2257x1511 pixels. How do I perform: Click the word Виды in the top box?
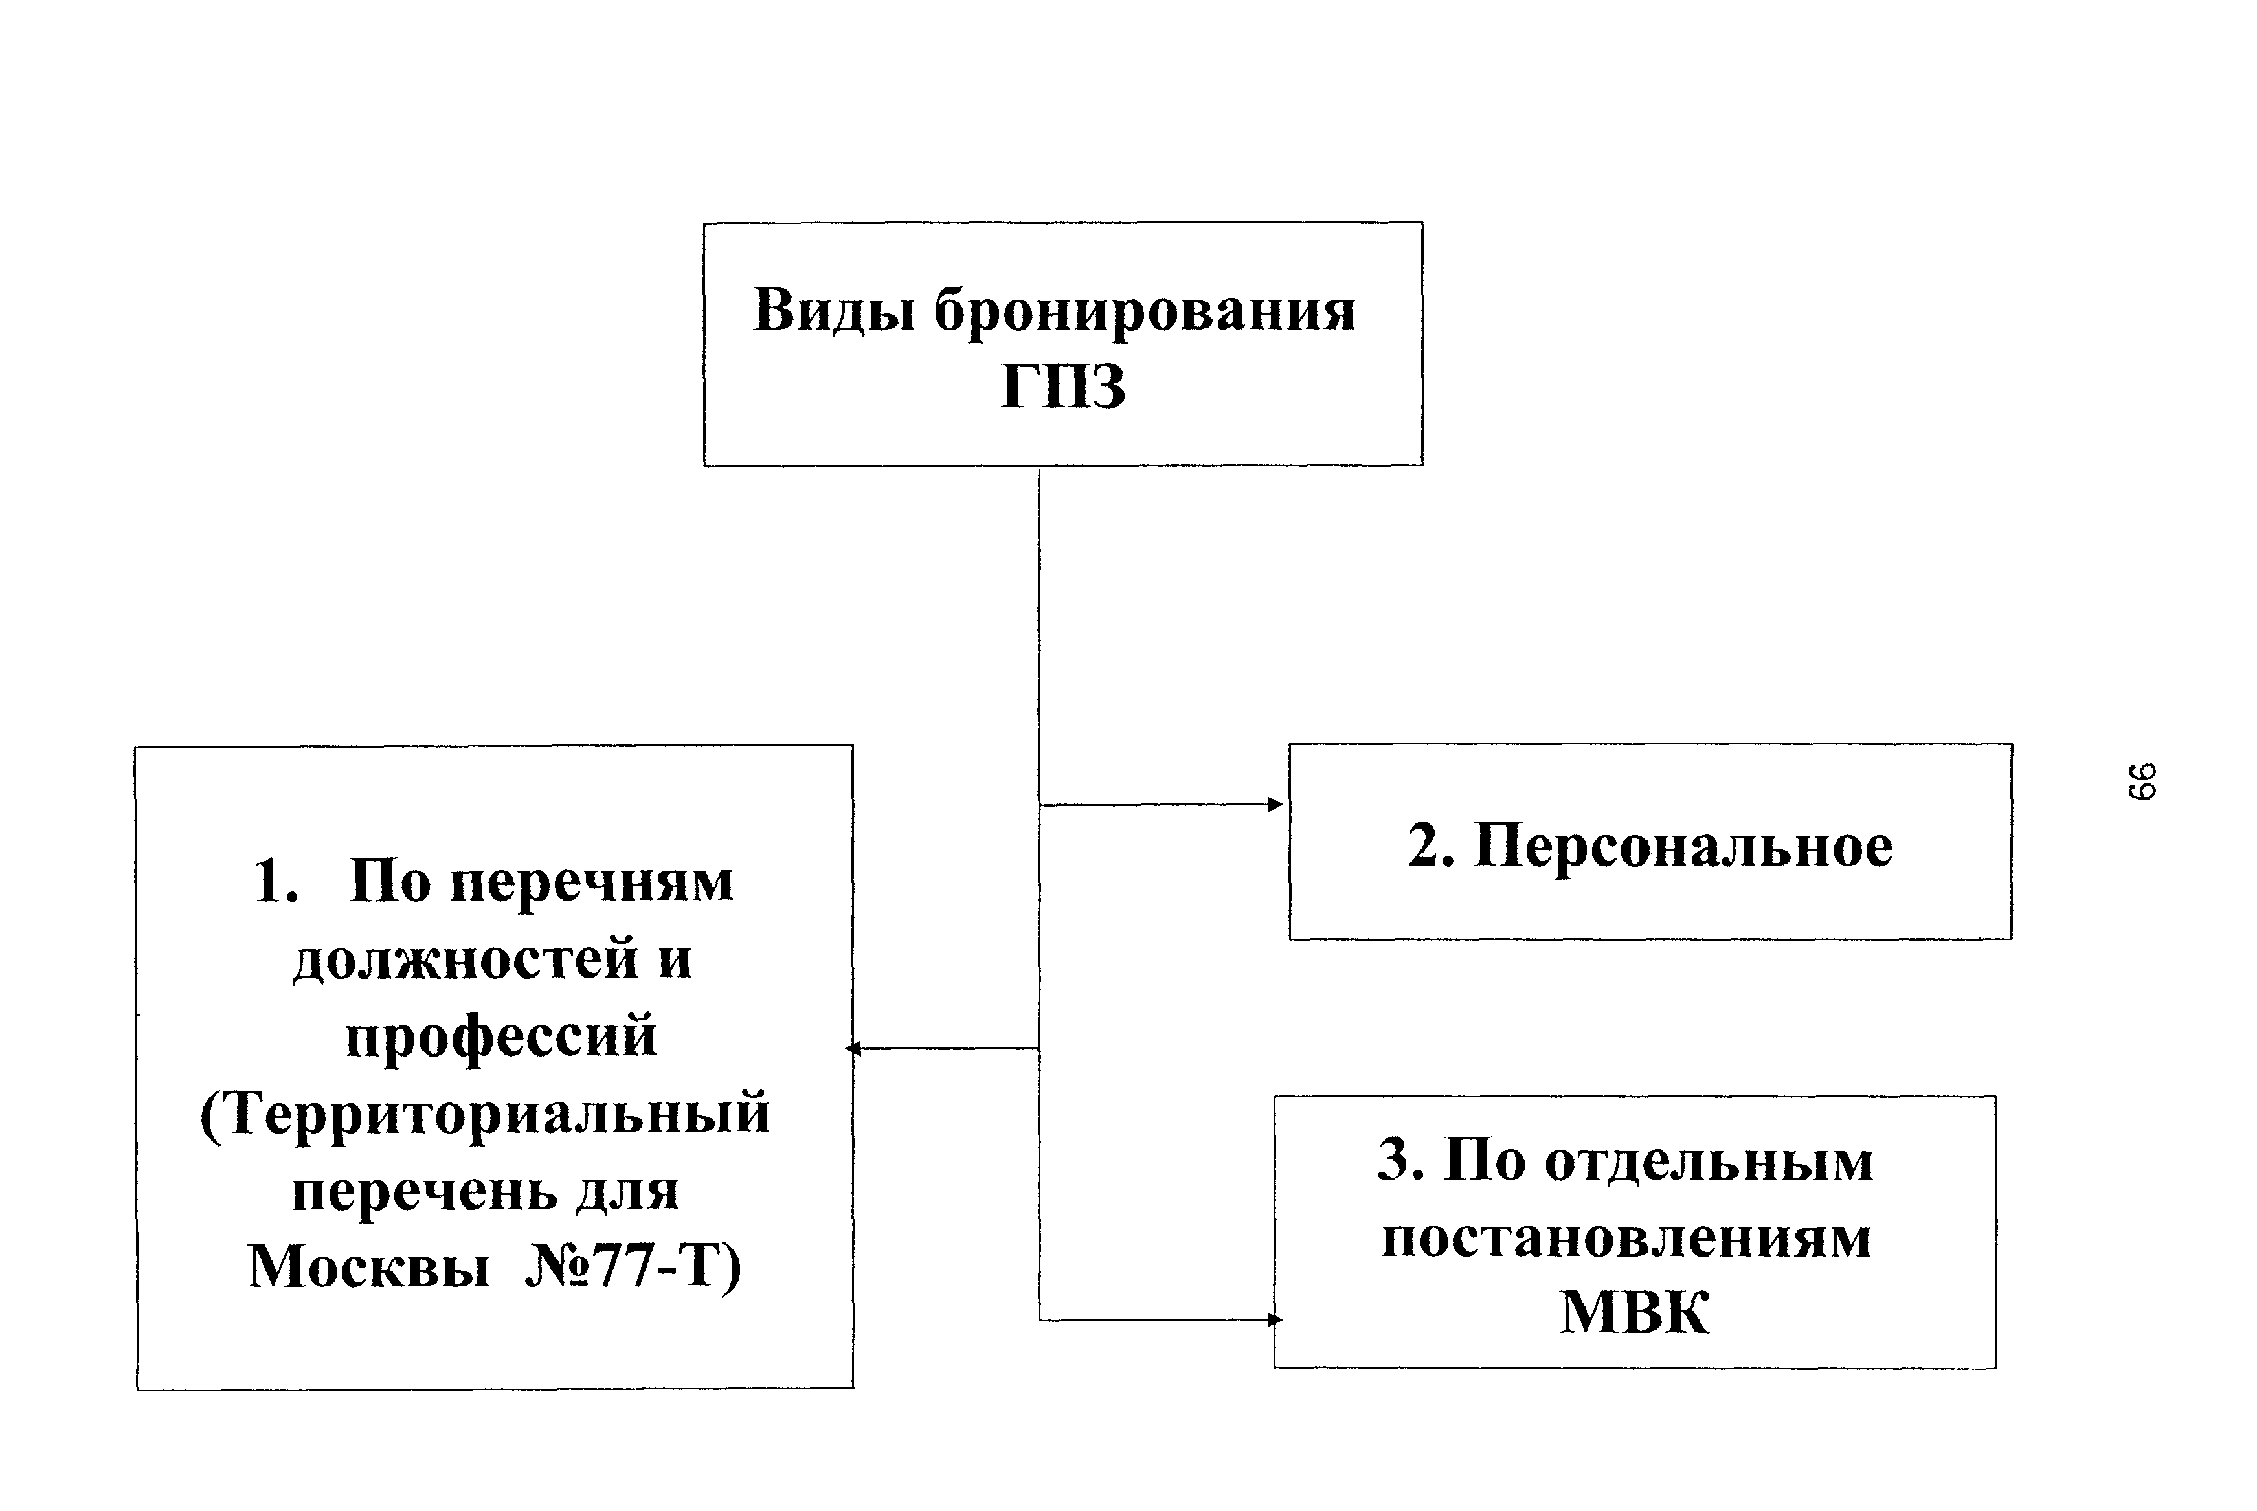tap(834, 310)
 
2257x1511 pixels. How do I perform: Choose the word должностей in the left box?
tap(466, 959)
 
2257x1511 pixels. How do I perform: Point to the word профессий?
tap(501, 1036)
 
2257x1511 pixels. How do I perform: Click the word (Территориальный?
tap(485, 1113)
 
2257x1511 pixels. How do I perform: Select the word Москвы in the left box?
tap(368, 1266)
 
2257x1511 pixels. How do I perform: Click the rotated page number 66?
tap(2141, 781)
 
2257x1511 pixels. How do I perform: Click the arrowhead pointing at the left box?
tap(853, 1049)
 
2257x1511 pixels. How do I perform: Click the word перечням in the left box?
tap(592, 882)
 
